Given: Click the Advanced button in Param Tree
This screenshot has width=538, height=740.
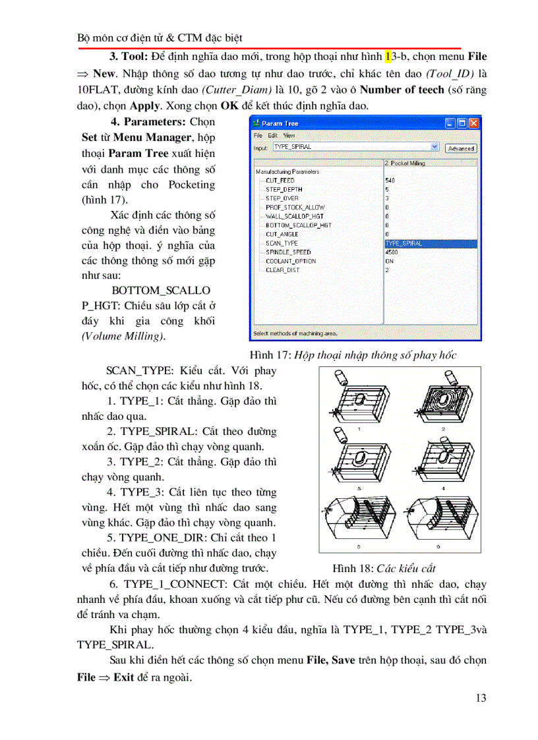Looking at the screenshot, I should coord(461,148).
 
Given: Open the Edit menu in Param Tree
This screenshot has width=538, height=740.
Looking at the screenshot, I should coord(272,135).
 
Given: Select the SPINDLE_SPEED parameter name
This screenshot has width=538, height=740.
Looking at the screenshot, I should coord(288,252).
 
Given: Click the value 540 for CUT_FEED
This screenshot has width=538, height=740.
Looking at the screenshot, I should coord(390,181).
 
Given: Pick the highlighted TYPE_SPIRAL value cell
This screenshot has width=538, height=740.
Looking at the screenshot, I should coord(429,243).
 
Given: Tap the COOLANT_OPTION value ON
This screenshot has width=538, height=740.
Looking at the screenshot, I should coord(389,261).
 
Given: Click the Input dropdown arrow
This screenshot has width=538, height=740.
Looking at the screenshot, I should coord(434,148).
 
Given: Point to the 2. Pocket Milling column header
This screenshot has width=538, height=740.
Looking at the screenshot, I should coord(405,163).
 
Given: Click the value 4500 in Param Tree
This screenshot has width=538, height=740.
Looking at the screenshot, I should coord(391,252).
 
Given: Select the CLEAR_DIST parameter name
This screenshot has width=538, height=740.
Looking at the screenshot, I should coord(283,270).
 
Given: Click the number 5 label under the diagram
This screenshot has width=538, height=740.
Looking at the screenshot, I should coord(359,546).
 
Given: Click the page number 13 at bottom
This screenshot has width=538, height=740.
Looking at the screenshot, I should coord(481,698).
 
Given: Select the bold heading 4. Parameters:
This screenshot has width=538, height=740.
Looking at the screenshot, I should coord(149,122).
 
